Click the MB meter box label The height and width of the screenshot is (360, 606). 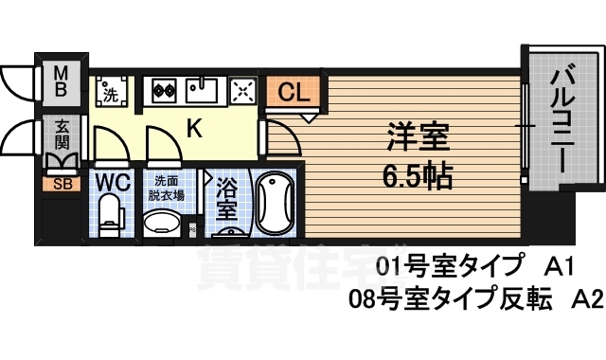click(59, 82)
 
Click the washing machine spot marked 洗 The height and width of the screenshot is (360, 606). click(110, 94)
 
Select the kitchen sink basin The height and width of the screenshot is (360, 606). click(202, 92)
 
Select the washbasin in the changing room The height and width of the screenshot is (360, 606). click(163, 223)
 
